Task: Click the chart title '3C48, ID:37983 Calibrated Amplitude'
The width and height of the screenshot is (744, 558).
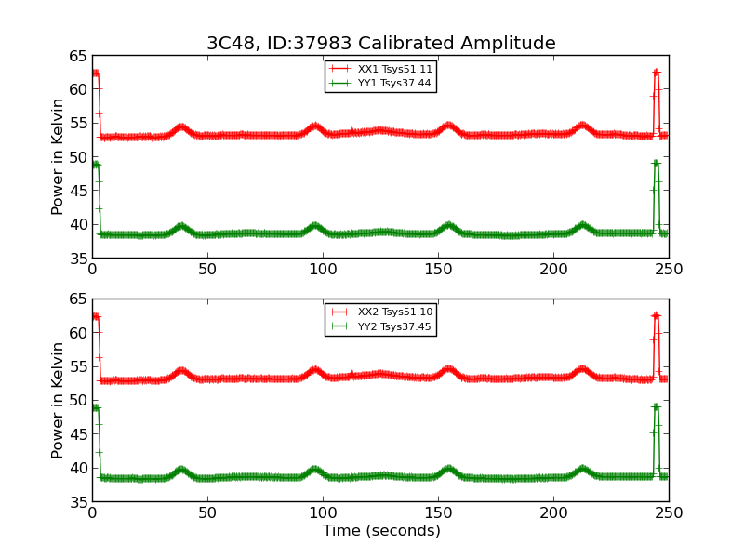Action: click(x=380, y=44)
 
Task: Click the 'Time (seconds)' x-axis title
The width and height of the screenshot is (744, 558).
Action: click(x=381, y=531)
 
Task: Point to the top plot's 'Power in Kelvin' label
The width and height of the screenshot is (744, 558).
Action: click(x=58, y=156)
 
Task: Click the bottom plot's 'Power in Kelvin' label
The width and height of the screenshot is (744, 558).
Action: click(x=58, y=400)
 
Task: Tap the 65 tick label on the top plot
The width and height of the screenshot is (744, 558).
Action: click(x=76, y=56)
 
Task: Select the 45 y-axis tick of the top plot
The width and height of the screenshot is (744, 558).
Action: click(x=76, y=191)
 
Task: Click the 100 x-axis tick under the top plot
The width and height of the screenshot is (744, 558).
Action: click(x=323, y=270)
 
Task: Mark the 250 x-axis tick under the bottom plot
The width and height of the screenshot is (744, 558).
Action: click(x=669, y=513)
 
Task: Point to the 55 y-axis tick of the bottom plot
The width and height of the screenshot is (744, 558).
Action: click(x=76, y=366)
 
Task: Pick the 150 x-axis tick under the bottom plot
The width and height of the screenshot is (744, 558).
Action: click(x=438, y=513)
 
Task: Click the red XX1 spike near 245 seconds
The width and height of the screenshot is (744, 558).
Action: click(x=656, y=72)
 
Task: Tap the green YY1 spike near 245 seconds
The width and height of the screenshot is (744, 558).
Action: click(x=656, y=163)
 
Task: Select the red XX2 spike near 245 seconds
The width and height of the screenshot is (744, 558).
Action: click(x=656, y=315)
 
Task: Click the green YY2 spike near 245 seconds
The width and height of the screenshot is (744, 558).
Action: click(x=656, y=406)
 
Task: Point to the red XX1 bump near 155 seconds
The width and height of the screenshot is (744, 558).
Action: click(x=448, y=126)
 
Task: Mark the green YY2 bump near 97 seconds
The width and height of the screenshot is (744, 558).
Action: click(x=315, y=470)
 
